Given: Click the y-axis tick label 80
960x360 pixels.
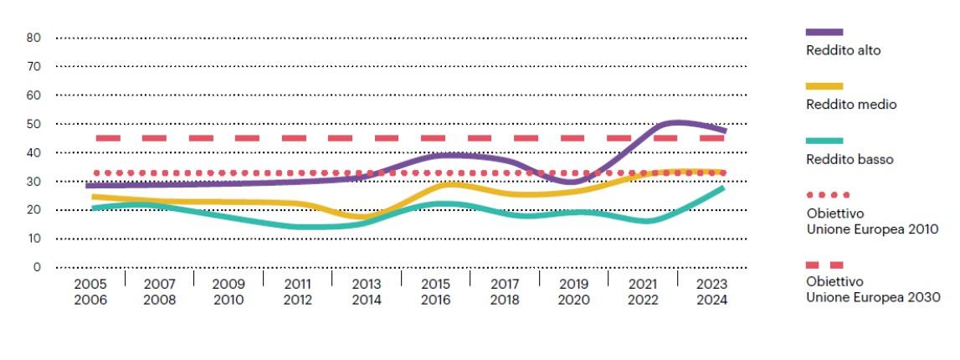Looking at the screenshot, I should click(33, 38).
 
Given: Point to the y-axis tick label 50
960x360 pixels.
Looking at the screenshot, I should click(33, 124).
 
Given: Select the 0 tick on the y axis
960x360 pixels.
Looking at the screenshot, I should click(37, 267).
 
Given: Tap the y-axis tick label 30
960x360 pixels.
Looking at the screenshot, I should click(33, 181).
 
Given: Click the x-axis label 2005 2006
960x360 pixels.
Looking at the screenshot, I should click(90, 291).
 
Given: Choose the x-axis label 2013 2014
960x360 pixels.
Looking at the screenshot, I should click(366, 291).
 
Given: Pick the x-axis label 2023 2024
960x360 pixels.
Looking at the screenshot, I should click(711, 291).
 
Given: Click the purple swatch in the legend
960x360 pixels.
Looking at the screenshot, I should click(824, 32).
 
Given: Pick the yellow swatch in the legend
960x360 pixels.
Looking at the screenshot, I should click(824, 86).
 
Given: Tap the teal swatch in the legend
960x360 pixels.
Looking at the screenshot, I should click(824, 141).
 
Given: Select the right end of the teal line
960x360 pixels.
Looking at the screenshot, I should click(723, 188).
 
